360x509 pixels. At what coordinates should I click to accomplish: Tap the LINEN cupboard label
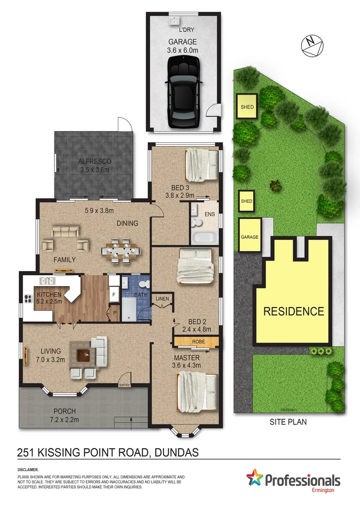tap(162, 299)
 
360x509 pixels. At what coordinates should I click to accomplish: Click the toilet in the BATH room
tap(146, 285)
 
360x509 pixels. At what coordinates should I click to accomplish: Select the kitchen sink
tap(49, 281)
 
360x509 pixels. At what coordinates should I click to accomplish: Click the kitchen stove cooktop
tap(27, 298)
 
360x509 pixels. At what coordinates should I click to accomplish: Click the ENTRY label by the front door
tap(124, 386)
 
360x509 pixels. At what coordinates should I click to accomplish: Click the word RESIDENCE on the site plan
tap(294, 312)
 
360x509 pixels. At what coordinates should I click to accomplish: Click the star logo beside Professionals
tap(255, 480)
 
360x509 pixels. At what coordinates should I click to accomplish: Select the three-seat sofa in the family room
tap(65, 231)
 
